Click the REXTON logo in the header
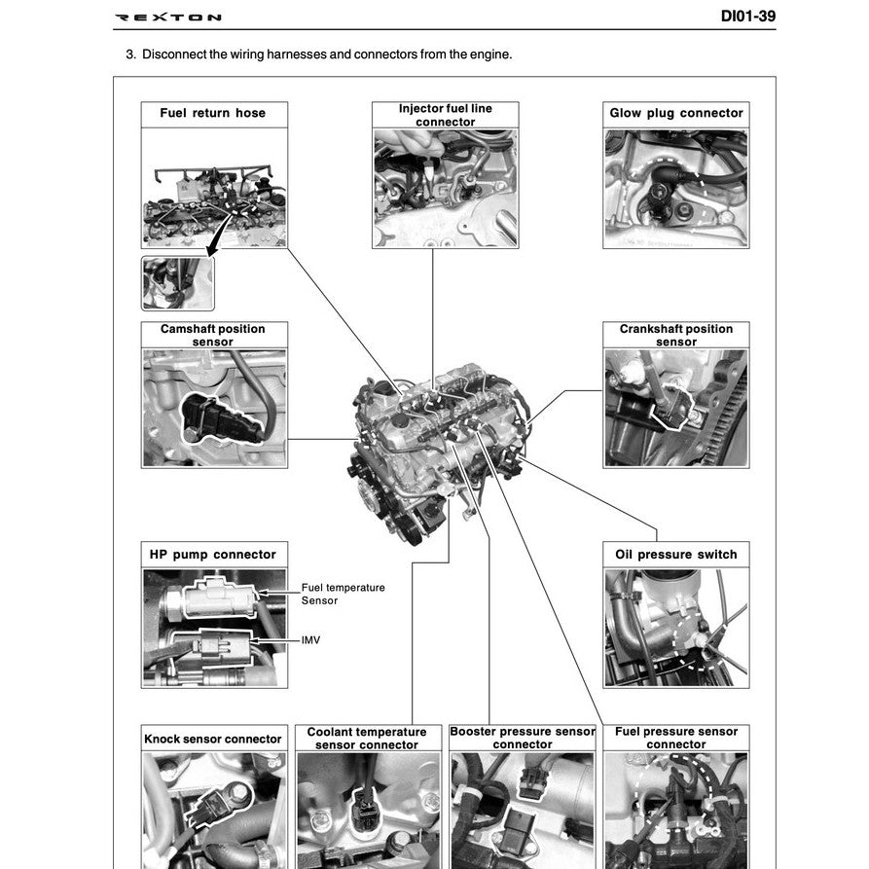coord(167,18)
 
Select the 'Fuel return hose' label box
coord(212,113)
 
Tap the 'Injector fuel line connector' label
coord(445,115)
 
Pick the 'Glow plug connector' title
coord(675,113)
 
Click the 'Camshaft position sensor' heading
coord(212,336)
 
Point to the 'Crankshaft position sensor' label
coord(675,336)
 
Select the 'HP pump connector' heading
coord(212,555)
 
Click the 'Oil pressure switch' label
coord(675,555)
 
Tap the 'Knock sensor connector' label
coord(212,739)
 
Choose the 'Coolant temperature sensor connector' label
coord(366,739)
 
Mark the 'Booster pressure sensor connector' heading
coord(522,738)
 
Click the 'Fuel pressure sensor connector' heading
coord(675,738)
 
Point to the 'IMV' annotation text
coord(310,640)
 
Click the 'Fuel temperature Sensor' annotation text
coord(329,595)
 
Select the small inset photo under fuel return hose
coord(177,283)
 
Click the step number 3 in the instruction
coord(130,54)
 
